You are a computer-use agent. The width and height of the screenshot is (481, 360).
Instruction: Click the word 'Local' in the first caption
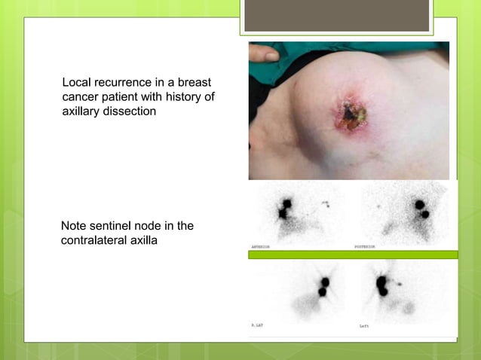coord(75,81)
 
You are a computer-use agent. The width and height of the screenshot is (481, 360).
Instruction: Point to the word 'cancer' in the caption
coord(81,97)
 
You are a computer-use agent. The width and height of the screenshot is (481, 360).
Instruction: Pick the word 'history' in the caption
coord(185,97)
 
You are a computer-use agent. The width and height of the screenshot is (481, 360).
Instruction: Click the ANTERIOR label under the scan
coord(263,246)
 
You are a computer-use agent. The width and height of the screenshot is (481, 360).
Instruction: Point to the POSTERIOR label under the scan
coord(367,246)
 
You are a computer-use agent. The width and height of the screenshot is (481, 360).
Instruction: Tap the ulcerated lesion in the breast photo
coord(349,117)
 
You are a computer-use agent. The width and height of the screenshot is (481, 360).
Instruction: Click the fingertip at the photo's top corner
coord(263,53)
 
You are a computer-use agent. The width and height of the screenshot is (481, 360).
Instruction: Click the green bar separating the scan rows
coord(353,255)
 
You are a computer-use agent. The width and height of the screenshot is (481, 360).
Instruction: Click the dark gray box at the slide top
coord(337,15)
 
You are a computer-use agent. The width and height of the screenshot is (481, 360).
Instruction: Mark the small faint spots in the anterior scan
coord(326,203)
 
